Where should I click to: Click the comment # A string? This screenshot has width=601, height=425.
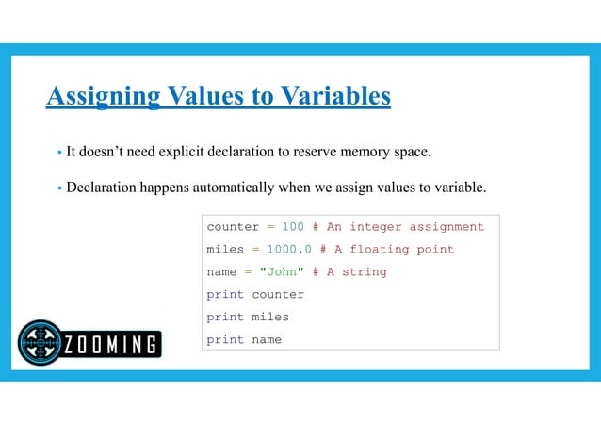coord(349,272)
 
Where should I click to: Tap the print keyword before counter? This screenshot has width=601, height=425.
coord(225,295)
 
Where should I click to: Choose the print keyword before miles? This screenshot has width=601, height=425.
coord(225,318)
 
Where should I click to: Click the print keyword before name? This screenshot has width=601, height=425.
coord(225,340)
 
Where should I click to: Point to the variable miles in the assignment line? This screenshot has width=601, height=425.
coord(225,250)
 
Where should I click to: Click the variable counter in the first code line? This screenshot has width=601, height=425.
coord(233,227)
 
